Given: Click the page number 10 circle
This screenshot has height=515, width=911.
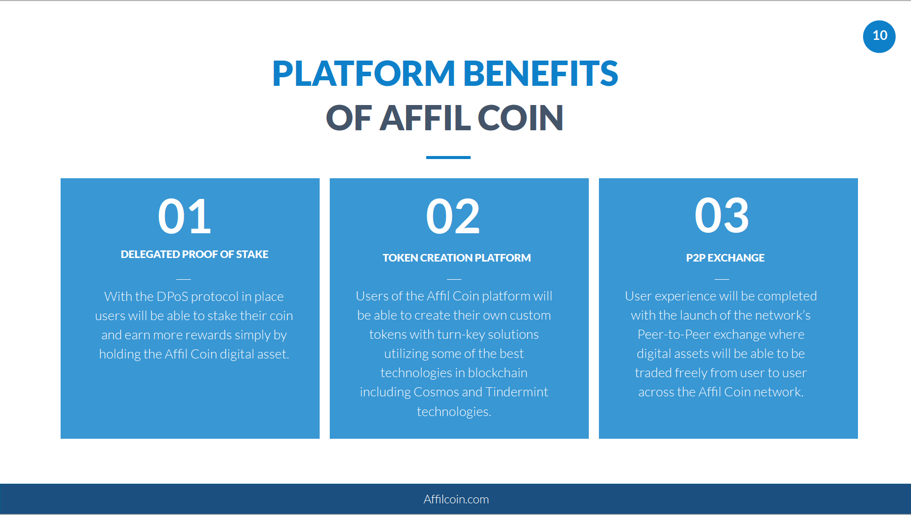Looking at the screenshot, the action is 879,36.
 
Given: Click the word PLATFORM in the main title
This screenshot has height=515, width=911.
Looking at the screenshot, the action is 364,74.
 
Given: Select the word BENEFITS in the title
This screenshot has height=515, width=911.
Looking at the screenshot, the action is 540,74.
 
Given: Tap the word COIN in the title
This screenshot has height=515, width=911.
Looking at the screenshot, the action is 520,118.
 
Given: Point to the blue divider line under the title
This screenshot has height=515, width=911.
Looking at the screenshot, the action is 448,158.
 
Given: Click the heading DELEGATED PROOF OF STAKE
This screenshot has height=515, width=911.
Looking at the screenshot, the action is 194,254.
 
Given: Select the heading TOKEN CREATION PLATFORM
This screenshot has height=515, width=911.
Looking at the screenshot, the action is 457,258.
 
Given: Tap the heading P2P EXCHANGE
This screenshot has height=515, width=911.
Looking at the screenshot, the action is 725,258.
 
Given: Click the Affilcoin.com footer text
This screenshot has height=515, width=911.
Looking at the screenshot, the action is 456,499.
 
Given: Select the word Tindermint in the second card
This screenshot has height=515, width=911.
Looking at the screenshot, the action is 517,392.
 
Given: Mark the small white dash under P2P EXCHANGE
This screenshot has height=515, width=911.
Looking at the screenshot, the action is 722,279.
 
